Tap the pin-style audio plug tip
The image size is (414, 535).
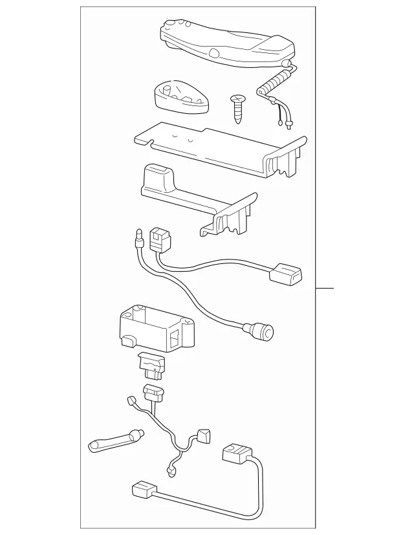[138, 240]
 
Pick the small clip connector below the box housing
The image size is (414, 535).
[150, 366]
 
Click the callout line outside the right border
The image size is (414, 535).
[325, 287]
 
